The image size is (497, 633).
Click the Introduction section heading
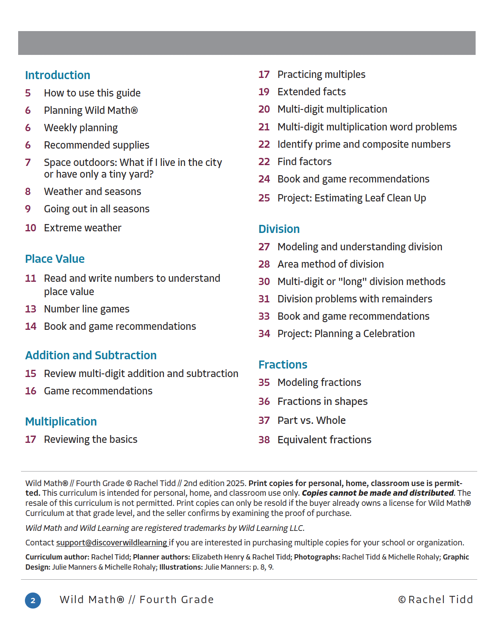pyautogui.click(x=58, y=75)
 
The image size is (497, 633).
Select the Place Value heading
pyautogui.click(x=55, y=259)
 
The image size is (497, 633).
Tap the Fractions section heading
pyautogui.click(x=283, y=365)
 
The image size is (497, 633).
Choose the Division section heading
pyautogui.click(x=279, y=229)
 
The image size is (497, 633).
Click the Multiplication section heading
pyautogui.click(x=61, y=421)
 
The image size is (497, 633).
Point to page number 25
pyautogui.click(x=264, y=198)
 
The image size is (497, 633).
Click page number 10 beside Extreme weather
pyautogui.click(x=31, y=228)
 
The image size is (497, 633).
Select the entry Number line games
pyautogui.click(x=87, y=309)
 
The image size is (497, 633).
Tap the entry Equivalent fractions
pyautogui.click(x=324, y=440)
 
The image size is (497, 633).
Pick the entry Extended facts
pyautogui.click(x=311, y=92)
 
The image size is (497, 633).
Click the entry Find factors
pyautogui.click(x=305, y=161)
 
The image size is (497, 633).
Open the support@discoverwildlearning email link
pyautogui.click(x=112, y=543)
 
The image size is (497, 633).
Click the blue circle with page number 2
pyautogui.click(x=33, y=600)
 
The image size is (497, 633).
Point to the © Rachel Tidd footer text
pyautogui.click(x=436, y=599)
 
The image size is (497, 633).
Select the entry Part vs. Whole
pyautogui.click(x=311, y=420)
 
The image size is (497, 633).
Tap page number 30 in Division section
pyautogui.click(x=264, y=281)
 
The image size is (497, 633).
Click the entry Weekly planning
pyautogui.click(x=81, y=128)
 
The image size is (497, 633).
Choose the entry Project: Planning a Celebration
pyautogui.click(x=346, y=333)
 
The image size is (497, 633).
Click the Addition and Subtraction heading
pyautogui.click(x=91, y=355)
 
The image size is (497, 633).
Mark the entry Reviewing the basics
pyautogui.click(x=91, y=439)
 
